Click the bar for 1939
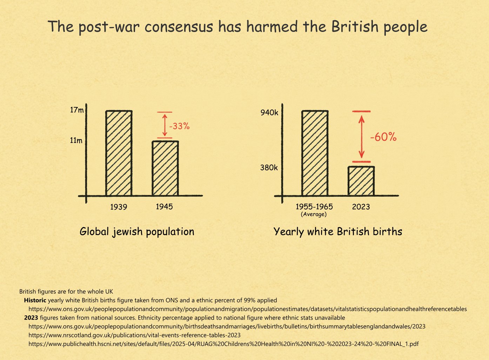(x=119, y=153)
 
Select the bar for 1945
(x=165, y=168)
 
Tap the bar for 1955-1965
(x=315, y=153)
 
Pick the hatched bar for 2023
(x=361, y=181)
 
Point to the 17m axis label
(x=77, y=110)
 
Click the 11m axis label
(x=76, y=141)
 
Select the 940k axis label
(x=269, y=113)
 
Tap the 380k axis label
(x=269, y=168)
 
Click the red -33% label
(x=179, y=126)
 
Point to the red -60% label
(x=383, y=137)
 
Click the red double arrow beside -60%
(x=362, y=137)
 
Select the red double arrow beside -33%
(x=164, y=125)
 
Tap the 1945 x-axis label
(x=164, y=207)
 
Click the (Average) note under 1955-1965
(x=314, y=214)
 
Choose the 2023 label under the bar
(x=361, y=207)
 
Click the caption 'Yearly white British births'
(x=337, y=232)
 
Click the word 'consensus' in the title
(x=179, y=27)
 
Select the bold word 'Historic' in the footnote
(x=35, y=300)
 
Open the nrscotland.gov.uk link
(x=134, y=335)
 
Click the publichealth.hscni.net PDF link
(x=223, y=344)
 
